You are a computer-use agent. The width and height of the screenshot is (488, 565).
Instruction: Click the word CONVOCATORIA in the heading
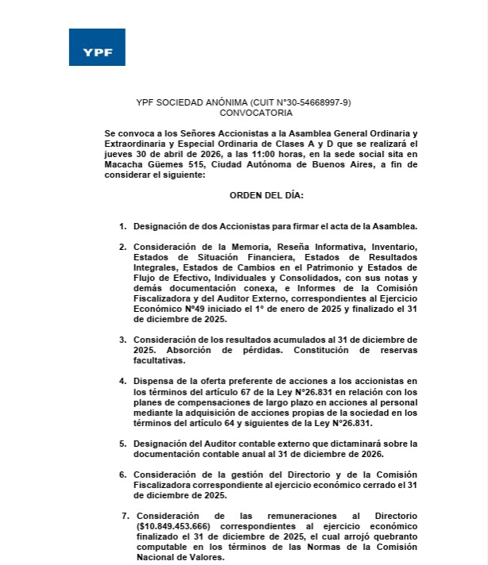pos(245,113)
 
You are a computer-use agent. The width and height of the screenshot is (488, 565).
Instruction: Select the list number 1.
pos(122,226)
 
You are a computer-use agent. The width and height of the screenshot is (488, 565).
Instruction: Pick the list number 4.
pos(122,380)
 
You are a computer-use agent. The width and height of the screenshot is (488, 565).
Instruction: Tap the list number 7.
pos(126,516)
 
